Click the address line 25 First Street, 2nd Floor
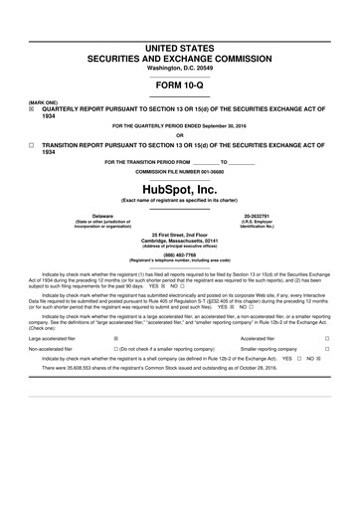[x=179, y=234]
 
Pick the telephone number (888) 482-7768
[x=179, y=254]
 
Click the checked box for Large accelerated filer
[x=116, y=339]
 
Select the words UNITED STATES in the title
[x=179, y=47]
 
